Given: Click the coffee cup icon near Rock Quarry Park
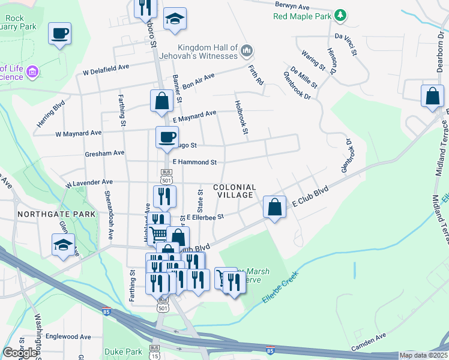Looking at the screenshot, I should tap(59, 34).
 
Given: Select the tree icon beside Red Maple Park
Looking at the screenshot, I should tap(340, 14).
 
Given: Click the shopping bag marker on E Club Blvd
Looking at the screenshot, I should tap(274, 208).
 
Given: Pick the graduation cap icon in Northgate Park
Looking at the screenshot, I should tap(63, 245).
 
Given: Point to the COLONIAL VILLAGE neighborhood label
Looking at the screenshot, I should tap(234, 191).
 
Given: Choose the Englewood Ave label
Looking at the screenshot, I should tap(67, 337).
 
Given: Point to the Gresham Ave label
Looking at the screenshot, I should tap(104, 153).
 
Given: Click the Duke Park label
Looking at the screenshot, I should tap(122, 351).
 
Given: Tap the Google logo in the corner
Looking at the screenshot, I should tap(19, 352).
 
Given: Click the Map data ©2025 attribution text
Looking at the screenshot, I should tap(423, 355).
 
